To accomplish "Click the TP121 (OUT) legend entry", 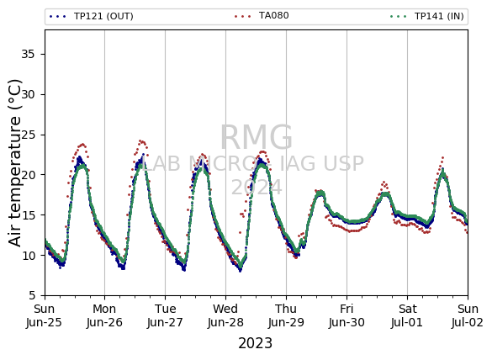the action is pyautogui.click(x=92, y=16).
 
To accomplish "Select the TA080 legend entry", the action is pyautogui.click(x=262, y=16).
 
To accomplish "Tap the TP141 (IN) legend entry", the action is pyautogui.click(x=427, y=16).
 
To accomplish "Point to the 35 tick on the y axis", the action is pyautogui.click(x=28, y=55).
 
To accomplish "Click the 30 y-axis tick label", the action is pyautogui.click(x=28, y=94).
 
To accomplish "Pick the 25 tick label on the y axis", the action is pyautogui.click(x=28, y=135).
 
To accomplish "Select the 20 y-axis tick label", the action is pyautogui.click(x=28, y=175).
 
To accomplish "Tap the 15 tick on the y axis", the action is pyautogui.click(x=28, y=215).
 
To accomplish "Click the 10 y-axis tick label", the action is pyautogui.click(x=28, y=256).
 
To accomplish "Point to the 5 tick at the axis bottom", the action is pyautogui.click(x=32, y=296).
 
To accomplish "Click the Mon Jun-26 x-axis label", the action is pyautogui.click(x=104, y=315).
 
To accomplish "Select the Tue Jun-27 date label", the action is pyautogui.click(x=165, y=315).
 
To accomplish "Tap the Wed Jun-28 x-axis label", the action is pyautogui.click(x=225, y=315).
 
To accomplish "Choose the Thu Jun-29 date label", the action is pyautogui.click(x=286, y=315).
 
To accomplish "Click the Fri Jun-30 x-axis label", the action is pyautogui.click(x=347, y=315).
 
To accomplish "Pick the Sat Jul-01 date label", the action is pyautogui.click(x=407, y=315).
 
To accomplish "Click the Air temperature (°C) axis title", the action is pyautogui.click(x=14, y=163).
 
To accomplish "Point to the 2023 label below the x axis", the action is pyautogui.click(x=255, y=343).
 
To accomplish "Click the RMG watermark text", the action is pyautogui.click(x=257, y=137).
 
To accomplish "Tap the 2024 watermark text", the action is pyautogui.click(x=257, y=188).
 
